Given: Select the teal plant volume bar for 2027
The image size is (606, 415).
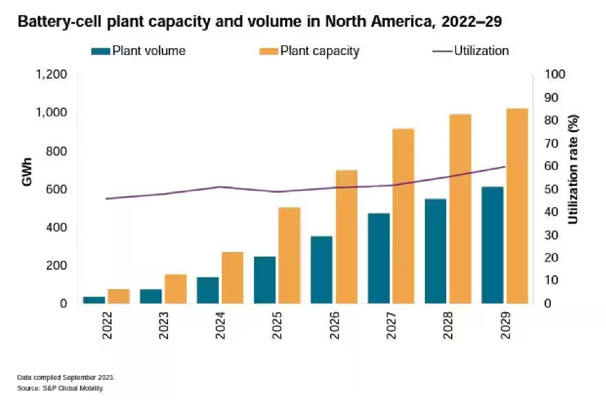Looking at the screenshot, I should [379, 258].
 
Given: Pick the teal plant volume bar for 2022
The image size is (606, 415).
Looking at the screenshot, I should [94, 299].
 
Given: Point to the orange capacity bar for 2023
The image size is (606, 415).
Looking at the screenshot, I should [176, 288].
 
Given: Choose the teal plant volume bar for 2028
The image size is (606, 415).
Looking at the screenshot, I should [435, 251].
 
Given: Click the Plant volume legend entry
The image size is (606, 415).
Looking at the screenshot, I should [138, 51].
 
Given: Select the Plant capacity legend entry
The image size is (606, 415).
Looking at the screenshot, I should [309, 51].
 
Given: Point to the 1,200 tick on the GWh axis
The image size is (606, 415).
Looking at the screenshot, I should [52, 74].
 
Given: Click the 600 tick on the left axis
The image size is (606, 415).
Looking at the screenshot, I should [57, 189].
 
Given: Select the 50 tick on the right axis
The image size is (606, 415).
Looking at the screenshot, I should [550, 189].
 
